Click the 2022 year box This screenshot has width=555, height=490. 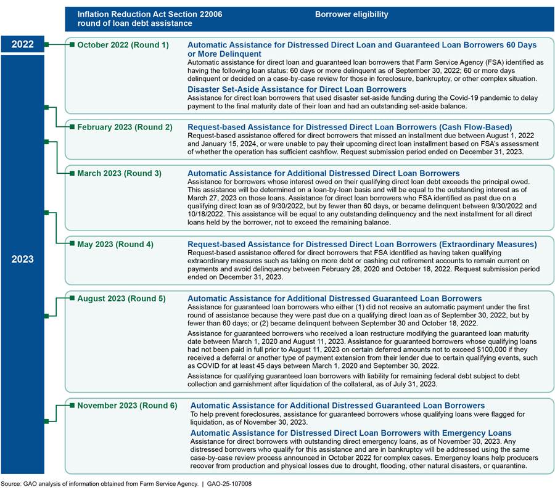(x=23, y=44)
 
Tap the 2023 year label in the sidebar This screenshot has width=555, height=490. (x=23, y=259)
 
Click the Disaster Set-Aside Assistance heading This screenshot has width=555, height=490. (x=305, y=89)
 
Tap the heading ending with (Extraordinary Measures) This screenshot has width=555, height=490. (x=362, y=244)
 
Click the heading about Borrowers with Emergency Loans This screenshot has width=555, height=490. (x=351, y=433)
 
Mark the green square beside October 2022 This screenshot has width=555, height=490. (x=72, y=45)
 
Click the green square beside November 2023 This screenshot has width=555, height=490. (x=72, y=406)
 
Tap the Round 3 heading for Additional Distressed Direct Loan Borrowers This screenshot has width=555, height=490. (x=323, y=173)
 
